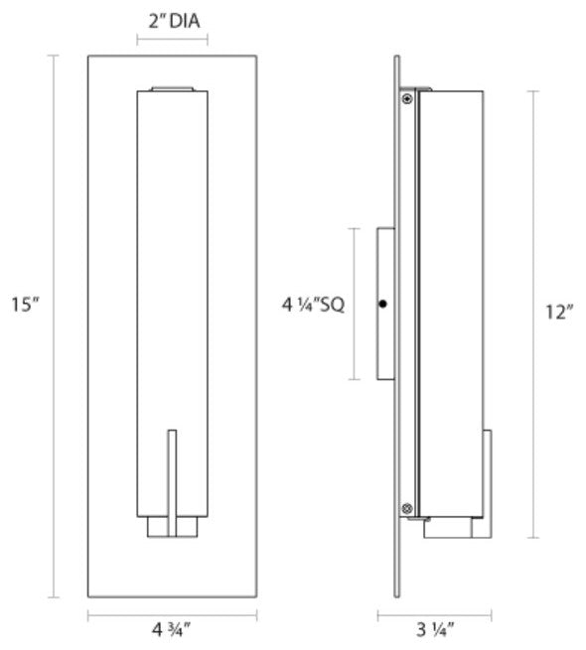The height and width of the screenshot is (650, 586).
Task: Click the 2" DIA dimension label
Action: pyautogui.click(x=173, y=18)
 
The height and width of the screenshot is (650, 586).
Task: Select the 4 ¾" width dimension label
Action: pyautogui.click(x=172, y=627)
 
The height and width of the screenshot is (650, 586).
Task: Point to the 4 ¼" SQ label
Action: pyautogui.click(x=312, y=305)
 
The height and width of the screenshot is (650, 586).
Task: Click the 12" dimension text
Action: pyautogui.click(x=560, y=313)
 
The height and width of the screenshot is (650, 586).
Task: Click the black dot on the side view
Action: pyautogui.click(x=383, y=304)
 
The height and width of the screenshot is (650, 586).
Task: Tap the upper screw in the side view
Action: pyautogui.click(x=407, y=98)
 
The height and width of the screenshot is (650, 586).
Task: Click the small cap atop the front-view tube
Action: pyautogui.click(x=173, y=90)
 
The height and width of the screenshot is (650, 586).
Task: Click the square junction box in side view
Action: pyautogui.click(x=385, y=304)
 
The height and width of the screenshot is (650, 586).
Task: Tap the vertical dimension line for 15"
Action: pyautogui.click(x=55, y=326)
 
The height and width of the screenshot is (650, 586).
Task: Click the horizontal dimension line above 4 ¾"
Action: pyautogui.click(x=172, y=614)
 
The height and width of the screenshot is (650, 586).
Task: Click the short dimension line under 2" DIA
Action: pyautogui.click(x=173, y=41)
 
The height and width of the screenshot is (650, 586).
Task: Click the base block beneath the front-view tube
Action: pyautogui.click(x=173, y=527)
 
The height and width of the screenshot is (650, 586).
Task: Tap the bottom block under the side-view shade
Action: pyautogui.click(x=457, y=526)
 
